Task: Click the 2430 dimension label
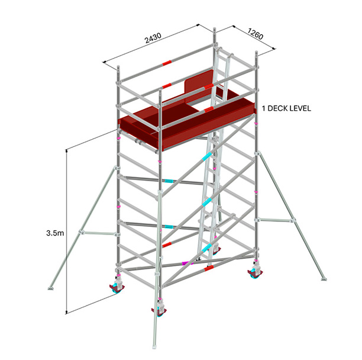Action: tap(153, 38)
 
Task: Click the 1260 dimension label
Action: tap(256, 34)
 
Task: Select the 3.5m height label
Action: tap(55, 233)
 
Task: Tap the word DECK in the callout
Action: tap(278, 108)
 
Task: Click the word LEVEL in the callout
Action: tap(300, 108)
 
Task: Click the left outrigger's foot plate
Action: tap(51, 288)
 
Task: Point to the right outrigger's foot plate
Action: tap(324, 279)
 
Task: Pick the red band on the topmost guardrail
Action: tap(167, 63)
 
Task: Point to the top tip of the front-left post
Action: tap(118, 67)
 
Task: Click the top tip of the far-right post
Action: tap(257, 52)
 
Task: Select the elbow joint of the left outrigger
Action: tap(81, 232)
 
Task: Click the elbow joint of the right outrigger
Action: tap(293, 220)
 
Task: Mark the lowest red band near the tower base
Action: tap(209, 268)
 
